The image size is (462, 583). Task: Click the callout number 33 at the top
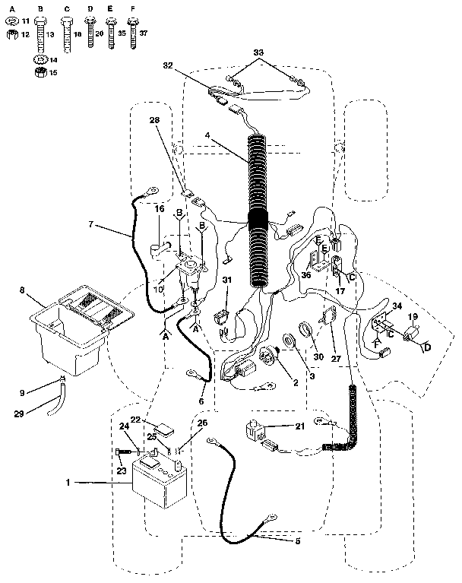click(258, 51)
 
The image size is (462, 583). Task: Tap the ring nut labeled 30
click(304, 329)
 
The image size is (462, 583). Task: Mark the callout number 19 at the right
click(413, 315)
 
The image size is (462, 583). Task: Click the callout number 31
click(227, 280)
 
